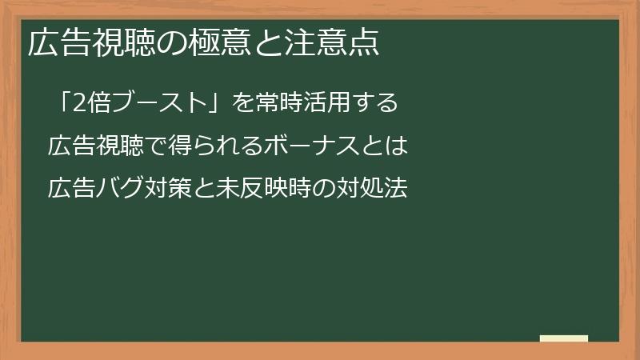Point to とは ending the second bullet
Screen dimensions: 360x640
coord(384,146)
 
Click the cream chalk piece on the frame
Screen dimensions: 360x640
coord(563,338)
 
